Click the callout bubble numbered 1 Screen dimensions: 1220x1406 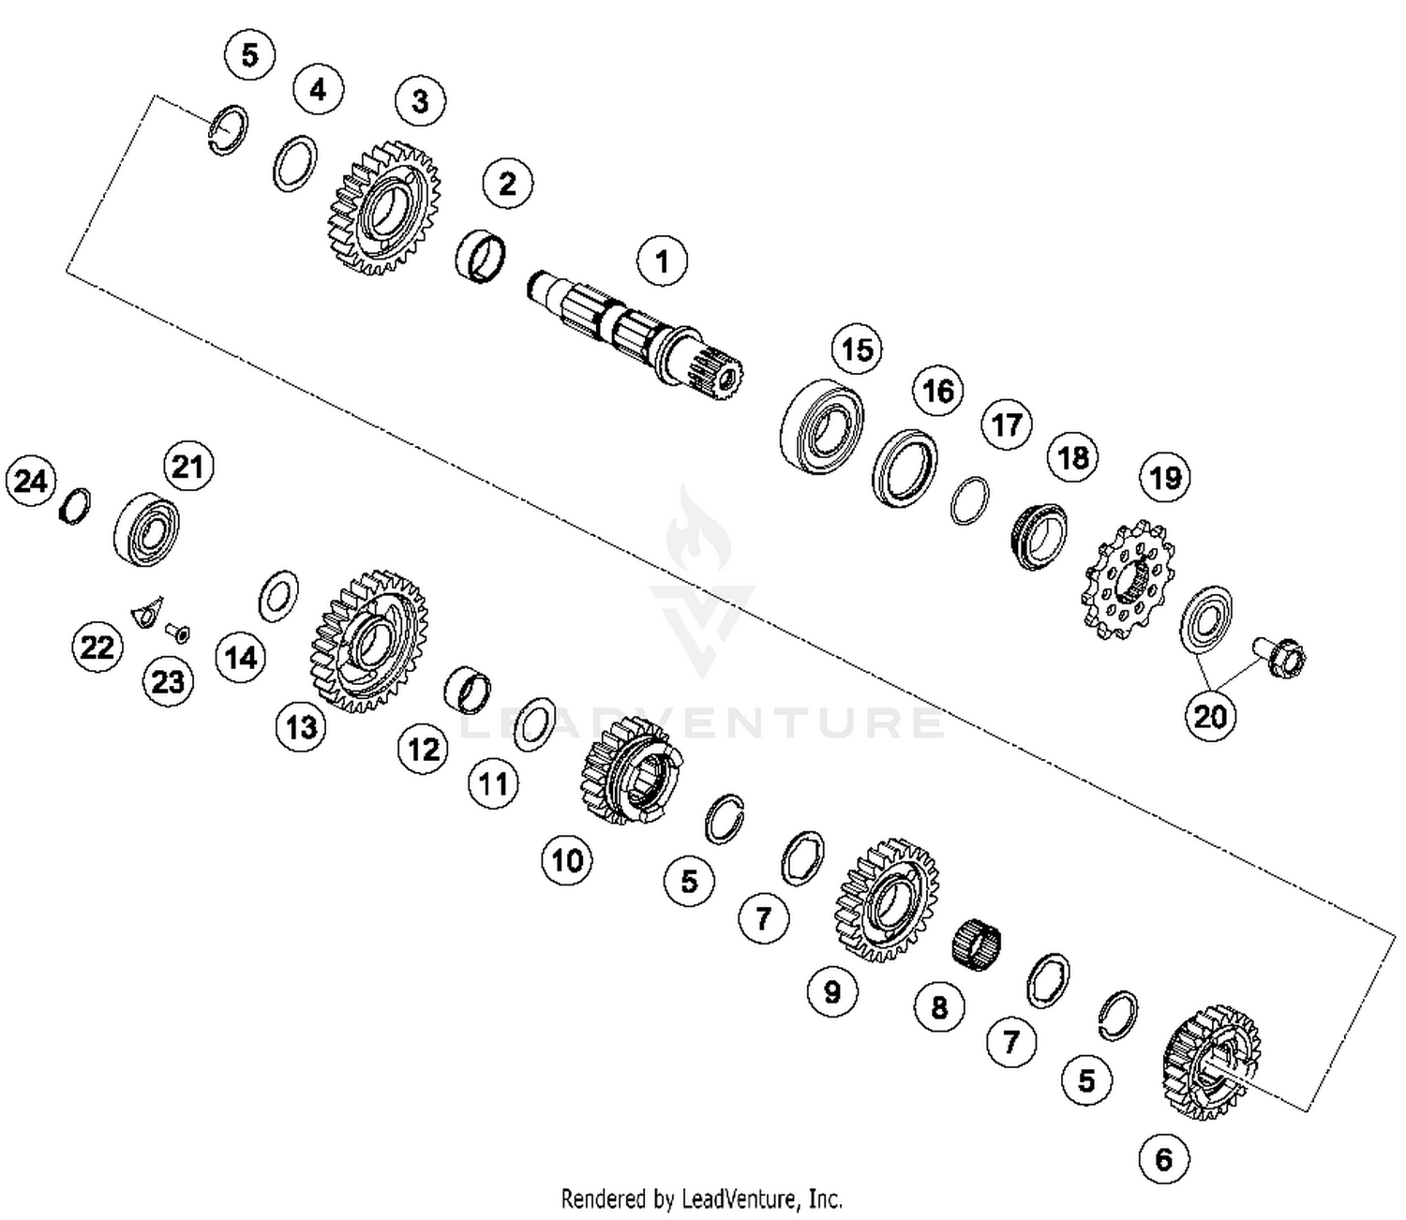pos(662,260)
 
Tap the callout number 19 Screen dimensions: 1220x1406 pos(1165,478)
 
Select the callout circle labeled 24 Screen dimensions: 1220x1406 pos(31,482)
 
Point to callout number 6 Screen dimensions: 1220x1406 pos(1163,1159)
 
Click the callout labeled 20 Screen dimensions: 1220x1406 pos(1209,716)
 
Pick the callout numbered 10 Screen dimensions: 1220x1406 pos(567,859)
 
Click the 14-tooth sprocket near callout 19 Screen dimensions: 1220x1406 pos(1123,578)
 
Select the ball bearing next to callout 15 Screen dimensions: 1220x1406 pos(822,425)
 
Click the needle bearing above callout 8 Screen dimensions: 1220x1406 pos(976,945)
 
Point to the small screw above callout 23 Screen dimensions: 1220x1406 pos(176,633)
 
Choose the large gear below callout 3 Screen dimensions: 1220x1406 pos(385,209)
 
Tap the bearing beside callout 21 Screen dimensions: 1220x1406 pos(146,528)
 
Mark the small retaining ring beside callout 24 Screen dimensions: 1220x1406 pos(75,506)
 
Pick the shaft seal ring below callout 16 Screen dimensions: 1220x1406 pos(905,467)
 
